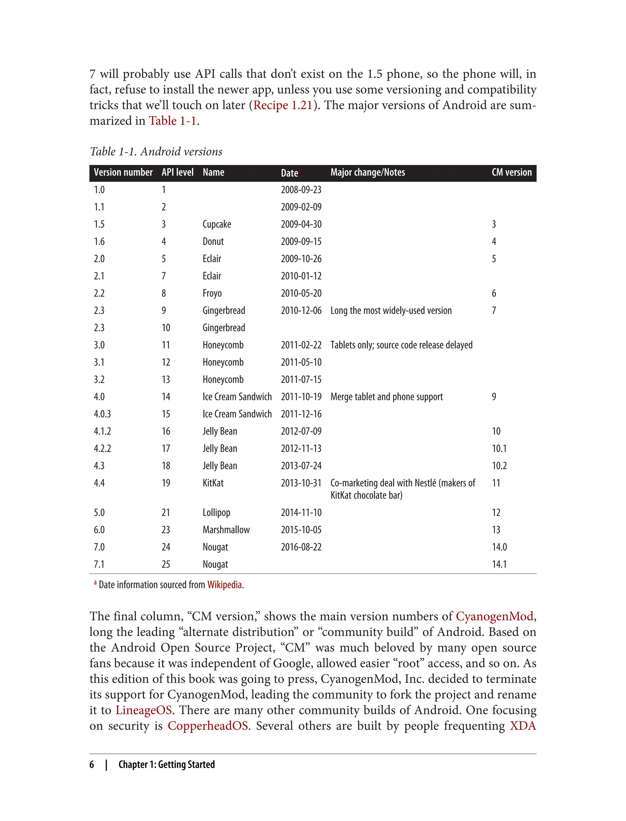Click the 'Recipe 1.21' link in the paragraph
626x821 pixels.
point(283,105)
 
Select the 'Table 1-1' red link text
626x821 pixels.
point(172,121)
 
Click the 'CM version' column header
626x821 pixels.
point(512,172)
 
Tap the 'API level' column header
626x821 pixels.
point(177,172)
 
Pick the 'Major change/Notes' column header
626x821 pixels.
point(367,172)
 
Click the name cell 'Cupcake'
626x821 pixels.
point(216,224)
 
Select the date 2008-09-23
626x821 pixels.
point(301,190)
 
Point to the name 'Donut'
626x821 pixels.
point(213,242)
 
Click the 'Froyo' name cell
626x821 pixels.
point(212,294)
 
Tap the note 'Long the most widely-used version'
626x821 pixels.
point(391,311)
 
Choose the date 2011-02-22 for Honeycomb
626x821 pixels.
point(301,345)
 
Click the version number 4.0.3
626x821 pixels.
point(102,414)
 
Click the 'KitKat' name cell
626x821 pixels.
point(213,483)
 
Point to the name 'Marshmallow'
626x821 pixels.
point(226,530)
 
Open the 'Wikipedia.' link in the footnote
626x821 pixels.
point(226,585)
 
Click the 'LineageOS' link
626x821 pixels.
point(143,710)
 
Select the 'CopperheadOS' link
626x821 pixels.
point(208,726)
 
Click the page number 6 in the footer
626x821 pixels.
point(92,764)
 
